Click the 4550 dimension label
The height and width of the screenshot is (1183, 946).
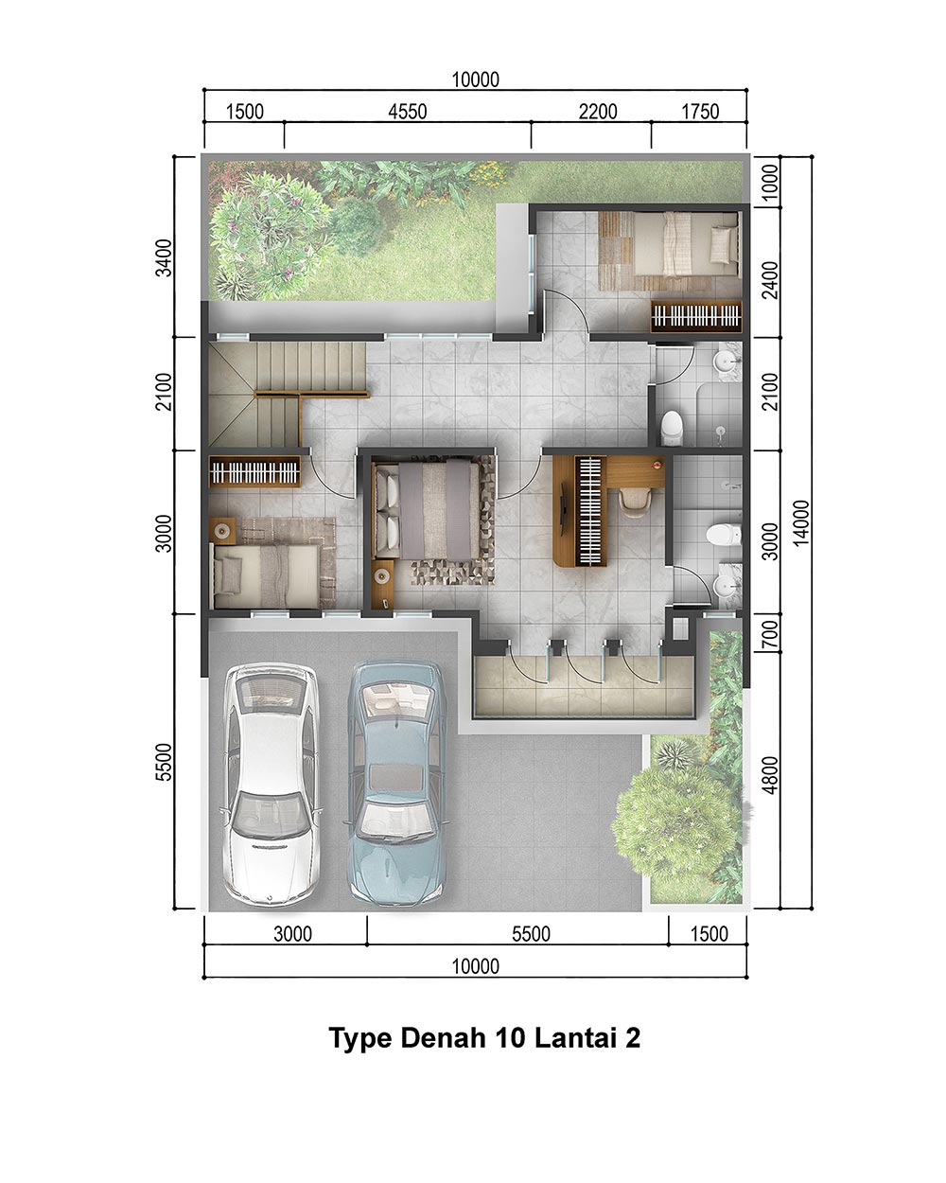(408, 112)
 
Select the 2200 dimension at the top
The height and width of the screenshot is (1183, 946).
(598, 112)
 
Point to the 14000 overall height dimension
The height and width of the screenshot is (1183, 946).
(801, 523)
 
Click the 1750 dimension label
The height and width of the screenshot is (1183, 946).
(700, 112)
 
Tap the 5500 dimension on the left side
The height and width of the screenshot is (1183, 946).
(165, 762)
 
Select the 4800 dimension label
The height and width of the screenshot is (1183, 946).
(771, 776)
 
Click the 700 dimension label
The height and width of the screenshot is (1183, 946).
(771, 635)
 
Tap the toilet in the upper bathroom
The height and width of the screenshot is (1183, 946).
(671, 428)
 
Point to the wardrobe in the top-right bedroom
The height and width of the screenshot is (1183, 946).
(696, 316)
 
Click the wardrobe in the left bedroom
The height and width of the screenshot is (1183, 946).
(254, 471)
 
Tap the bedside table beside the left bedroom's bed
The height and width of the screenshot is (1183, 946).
(222, 531)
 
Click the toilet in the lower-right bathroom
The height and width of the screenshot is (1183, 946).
(724, 535)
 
